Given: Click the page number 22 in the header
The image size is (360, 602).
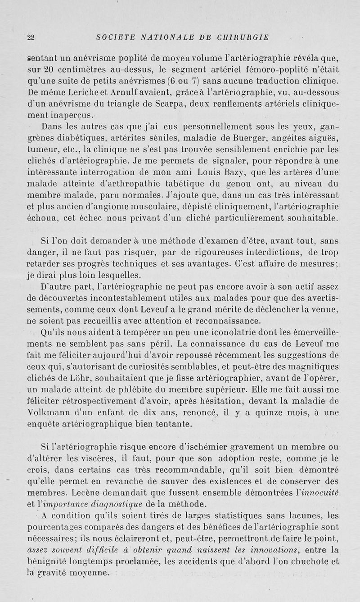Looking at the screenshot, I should pyautogui.click(x=31, y=37).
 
